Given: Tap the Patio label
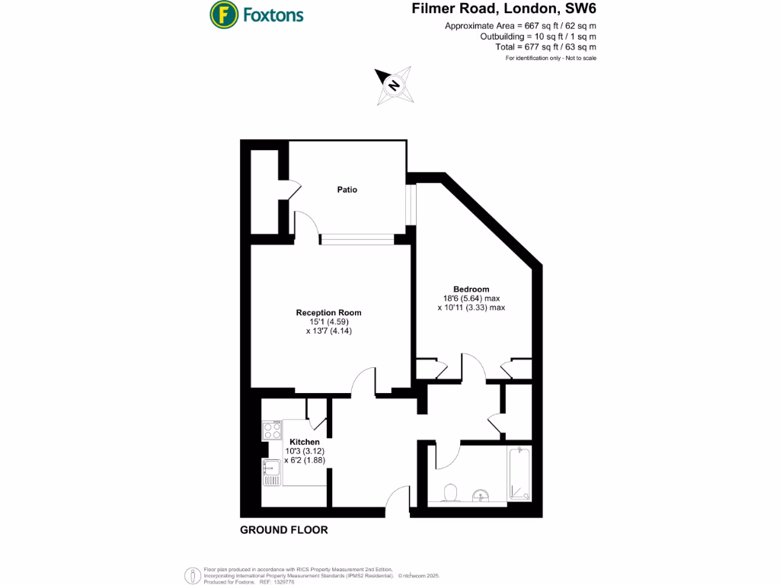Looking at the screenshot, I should (x=347, y=190).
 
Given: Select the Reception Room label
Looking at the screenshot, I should (x=328, y=312).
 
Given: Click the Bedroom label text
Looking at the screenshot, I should (x=471, y=289).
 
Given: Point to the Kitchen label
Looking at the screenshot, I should (x=304, y=442).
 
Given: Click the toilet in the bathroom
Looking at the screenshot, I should (x=449, y=493).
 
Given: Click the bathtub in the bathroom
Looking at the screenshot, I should (x=519, y=474).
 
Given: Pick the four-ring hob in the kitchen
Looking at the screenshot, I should (x=272, y=430).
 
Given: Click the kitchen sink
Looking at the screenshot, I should (x=271, y=472).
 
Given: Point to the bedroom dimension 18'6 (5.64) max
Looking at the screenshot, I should (x=471, y=299).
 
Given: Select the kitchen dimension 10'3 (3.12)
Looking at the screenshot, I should (x=304, y=451).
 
